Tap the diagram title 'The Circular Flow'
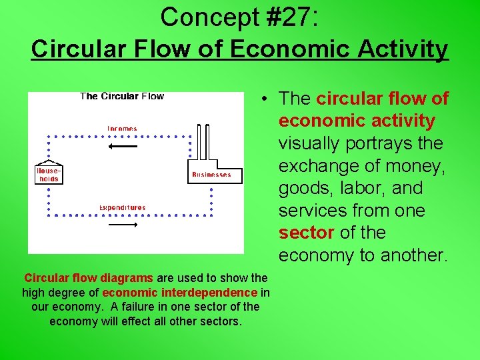point(122,96)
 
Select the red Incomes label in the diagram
point(122,129)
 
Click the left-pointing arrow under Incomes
point(122,146)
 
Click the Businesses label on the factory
point(211,175)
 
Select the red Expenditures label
point(122,208)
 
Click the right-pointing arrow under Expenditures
point(122,225)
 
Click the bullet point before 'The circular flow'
point(265,99)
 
